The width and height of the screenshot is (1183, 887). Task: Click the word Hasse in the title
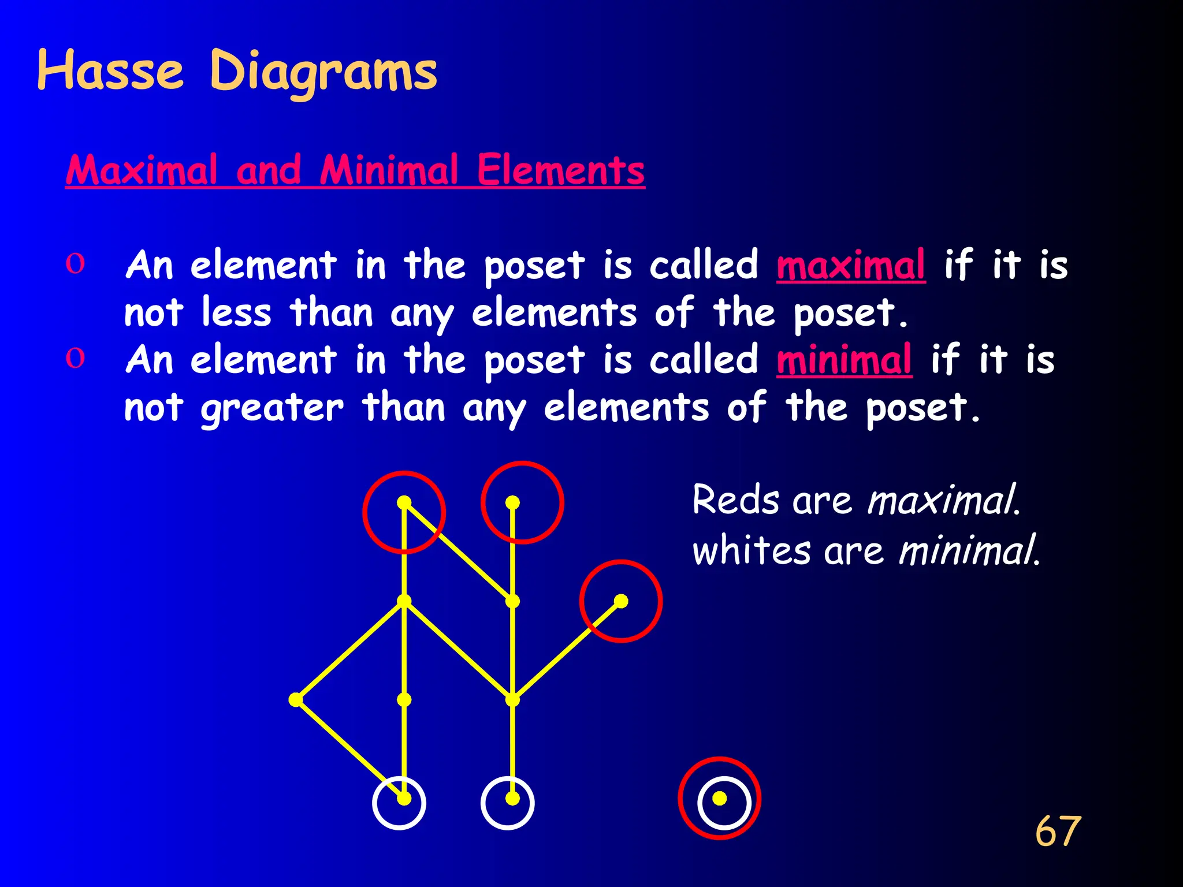(110, 71)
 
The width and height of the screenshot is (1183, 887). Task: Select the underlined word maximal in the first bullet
(851, 265)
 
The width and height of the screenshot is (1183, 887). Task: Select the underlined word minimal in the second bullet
(844, 360)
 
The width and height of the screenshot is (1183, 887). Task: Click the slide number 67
(1058, 832)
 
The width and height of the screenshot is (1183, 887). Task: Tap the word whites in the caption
(751, 550)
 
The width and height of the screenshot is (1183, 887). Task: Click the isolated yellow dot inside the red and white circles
(719, 798)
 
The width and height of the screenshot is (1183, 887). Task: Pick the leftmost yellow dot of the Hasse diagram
(295, 700)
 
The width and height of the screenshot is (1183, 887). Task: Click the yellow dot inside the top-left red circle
(404, 502)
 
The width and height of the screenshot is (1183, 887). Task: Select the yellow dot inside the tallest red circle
(512, 503)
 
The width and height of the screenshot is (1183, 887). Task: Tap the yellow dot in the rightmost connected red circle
(621, 601)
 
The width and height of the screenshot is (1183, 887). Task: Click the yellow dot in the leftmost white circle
(404, 799)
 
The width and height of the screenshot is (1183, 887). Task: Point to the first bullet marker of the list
(75, 264)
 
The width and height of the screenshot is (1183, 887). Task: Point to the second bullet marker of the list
(75, 359)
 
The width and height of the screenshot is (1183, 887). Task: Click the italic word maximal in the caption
(943, 500)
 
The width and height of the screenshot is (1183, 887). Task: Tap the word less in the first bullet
(236, 312)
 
